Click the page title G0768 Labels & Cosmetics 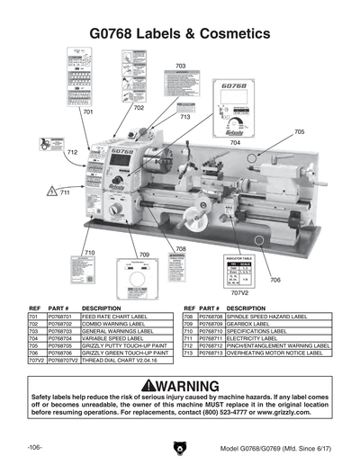click(180, 32)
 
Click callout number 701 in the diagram click(88, 113)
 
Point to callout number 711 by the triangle click(65, 192)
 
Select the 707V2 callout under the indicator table click(238, 293)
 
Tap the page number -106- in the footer click(35, 447)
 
